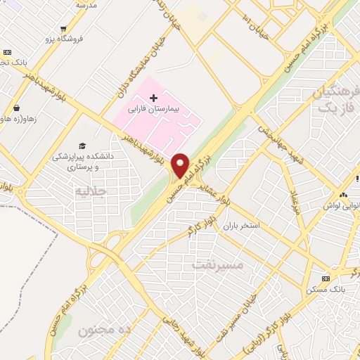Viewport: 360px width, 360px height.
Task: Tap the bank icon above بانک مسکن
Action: tap(324, 278)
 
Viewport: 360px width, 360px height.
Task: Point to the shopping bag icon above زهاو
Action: tap(15, 108)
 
